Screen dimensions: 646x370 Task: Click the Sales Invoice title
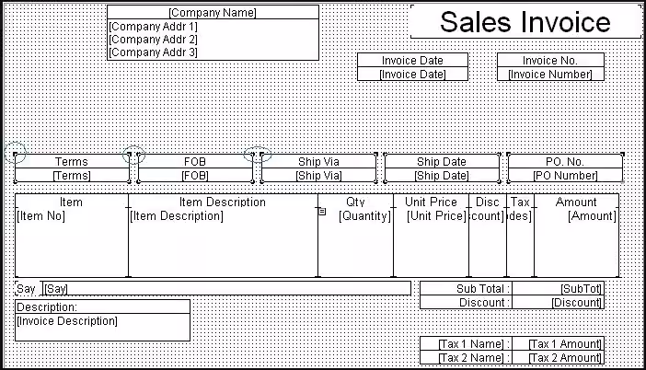click(525, 22)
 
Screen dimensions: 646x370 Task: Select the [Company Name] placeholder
click(213, 13)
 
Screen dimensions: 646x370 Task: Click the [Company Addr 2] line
click(153, 40)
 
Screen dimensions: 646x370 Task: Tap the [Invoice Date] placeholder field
click(412, 75)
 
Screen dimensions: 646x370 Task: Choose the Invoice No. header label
click(550, 61)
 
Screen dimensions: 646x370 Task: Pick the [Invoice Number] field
click(550, 75)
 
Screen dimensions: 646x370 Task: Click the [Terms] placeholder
click(72, 176)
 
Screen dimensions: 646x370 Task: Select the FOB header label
click(195, 161)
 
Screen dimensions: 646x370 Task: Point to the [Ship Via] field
click(318, 176)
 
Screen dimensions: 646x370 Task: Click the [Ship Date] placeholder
click(441, 176)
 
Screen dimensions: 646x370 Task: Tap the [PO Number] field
click(565, 176)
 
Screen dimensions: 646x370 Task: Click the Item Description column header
click(223, 202)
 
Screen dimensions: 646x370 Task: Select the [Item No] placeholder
click(40, 216)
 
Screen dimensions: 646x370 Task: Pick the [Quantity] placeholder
click(364, 216)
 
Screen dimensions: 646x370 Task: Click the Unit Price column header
click(431, 202)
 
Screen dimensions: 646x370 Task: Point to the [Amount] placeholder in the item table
click(592, 216)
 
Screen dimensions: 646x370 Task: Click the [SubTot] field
click(581, 289)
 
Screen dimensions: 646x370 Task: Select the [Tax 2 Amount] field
click(565, 358)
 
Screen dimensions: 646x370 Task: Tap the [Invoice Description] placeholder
click(67, 321)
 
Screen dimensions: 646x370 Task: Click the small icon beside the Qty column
click(322, 212)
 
